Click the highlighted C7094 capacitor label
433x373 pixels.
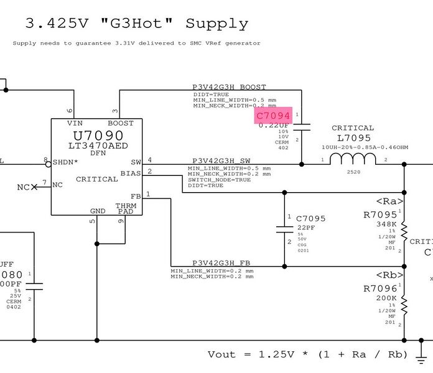tap(273, 115)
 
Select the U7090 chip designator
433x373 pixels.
tap(98, 136)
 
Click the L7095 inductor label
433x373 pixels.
tap(353, 138)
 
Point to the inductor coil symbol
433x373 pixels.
tap(353, 160)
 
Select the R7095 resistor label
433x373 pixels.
tap(379, 215)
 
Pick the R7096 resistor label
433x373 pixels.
tap(379, 289)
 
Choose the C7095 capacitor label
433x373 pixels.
tap(310, 219)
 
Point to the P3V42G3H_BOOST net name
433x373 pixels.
tap(229, 87)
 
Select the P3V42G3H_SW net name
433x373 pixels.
tap(221, 160)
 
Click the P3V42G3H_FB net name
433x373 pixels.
tap(221, 263)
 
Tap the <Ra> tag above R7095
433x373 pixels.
tap(390, 201)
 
